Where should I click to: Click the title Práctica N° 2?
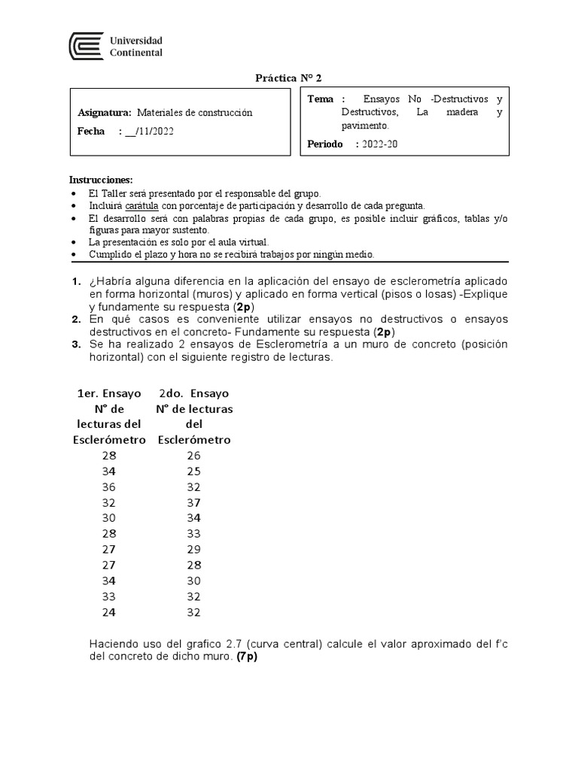[289, 78]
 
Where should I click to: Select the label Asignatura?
[105, 113]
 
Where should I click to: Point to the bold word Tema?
[322, 99]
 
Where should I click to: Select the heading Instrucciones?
[101, 180]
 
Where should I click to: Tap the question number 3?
[76, 344]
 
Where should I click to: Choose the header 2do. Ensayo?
[194, 393]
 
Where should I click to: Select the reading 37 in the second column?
[194, 502]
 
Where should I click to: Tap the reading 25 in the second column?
[194, 471]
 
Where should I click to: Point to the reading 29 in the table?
[194, 549]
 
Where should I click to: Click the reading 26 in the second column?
[194, 456]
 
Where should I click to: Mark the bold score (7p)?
[247, 656]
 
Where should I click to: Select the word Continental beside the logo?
[136, 53]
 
